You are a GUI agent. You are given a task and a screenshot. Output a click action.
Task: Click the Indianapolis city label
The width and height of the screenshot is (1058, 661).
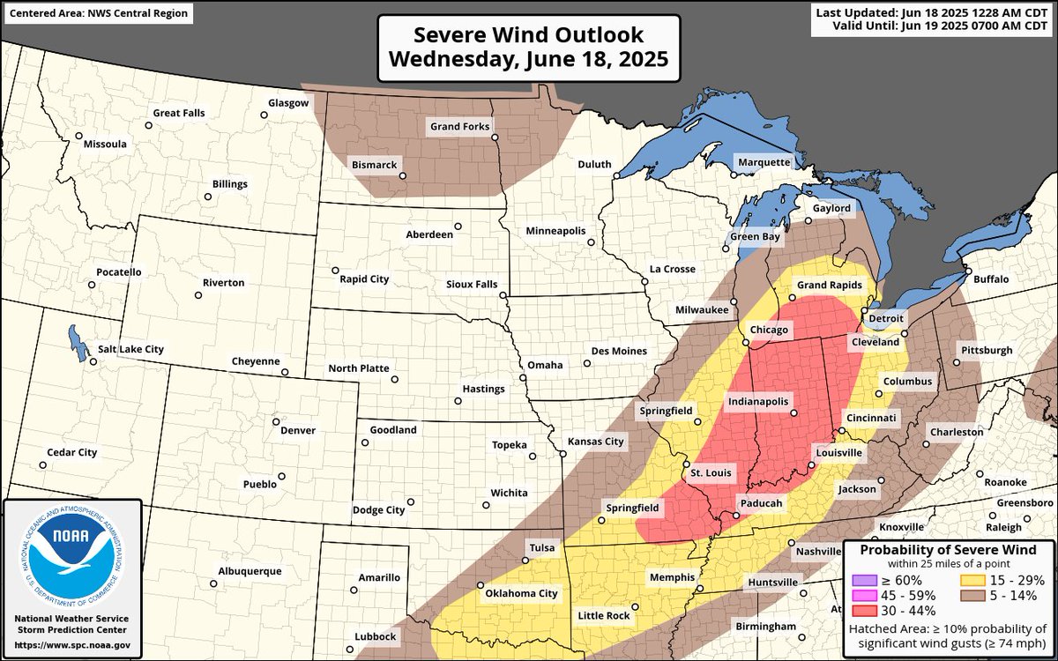tap(757, 401)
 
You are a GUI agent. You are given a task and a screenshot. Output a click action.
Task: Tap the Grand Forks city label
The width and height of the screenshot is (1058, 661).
tap(458, 127)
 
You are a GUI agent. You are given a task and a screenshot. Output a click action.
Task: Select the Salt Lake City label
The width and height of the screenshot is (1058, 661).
tap(130, 349)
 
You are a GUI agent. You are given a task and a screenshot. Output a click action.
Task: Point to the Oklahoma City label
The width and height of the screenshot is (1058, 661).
tap(521, 593)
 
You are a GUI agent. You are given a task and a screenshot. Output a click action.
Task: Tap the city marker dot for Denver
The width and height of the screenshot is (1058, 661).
tap(276, 421)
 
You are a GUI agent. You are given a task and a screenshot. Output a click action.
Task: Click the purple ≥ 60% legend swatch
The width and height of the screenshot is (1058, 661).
tap(865, 580)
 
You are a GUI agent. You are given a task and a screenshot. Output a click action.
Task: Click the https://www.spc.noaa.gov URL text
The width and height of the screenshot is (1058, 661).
tap(72, 645)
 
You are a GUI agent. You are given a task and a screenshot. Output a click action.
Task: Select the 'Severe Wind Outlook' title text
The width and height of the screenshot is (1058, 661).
tap(529, 35)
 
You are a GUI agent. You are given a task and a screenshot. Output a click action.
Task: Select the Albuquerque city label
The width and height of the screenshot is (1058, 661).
tap(251, 571)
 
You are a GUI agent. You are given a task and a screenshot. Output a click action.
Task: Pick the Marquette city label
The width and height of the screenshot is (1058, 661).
tap(764, 162)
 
